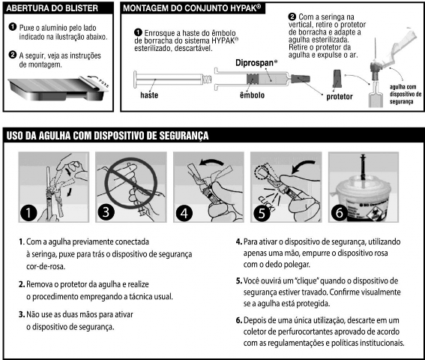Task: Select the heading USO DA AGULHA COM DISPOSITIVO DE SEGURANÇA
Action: (107, 136)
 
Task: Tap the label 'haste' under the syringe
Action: (149, 96)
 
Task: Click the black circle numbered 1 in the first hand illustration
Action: (29, 212)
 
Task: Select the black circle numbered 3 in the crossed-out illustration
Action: (106, 212)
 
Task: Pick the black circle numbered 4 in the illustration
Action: (183, 212)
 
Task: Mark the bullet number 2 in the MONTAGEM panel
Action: (292, 16)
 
